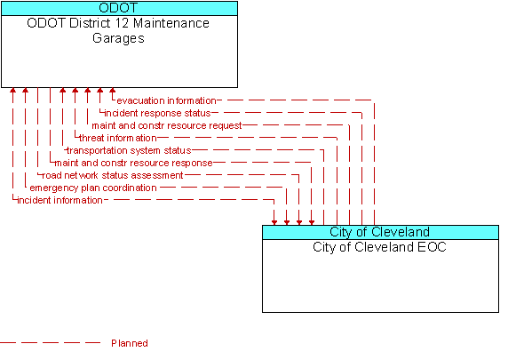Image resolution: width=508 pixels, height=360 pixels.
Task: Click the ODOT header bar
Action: [119, 8]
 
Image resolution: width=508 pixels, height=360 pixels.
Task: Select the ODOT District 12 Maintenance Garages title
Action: [118, 30]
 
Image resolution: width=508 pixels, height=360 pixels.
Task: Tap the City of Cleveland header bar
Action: [380, 232]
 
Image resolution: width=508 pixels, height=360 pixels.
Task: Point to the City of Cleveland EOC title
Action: [379, 247]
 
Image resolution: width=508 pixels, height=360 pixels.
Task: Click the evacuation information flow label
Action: [166, 100]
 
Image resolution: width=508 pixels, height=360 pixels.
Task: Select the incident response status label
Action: [157, 113]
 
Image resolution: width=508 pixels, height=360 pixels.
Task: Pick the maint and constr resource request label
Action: [167, 125]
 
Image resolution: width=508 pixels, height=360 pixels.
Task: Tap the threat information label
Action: [118, 138]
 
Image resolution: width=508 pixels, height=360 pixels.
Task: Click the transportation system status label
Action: [129, 150]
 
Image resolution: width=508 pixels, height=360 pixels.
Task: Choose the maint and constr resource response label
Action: [133, 163]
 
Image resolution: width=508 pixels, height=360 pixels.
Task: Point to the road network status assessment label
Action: [113, 175]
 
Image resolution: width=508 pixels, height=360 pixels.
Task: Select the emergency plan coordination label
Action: [93, 188]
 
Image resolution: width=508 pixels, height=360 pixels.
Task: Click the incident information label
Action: [60, 200]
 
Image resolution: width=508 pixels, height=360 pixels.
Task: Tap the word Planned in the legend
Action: [130, 343]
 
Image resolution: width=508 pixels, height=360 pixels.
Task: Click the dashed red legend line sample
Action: [51, 343]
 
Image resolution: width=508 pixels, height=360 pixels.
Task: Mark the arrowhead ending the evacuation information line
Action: [113, 90]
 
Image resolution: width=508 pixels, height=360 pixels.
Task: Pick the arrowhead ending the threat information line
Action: [75, 90]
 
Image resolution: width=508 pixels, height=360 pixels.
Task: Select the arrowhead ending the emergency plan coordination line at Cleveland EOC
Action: [287, 222]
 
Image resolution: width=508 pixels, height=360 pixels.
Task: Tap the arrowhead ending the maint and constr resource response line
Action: [312, 222]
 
